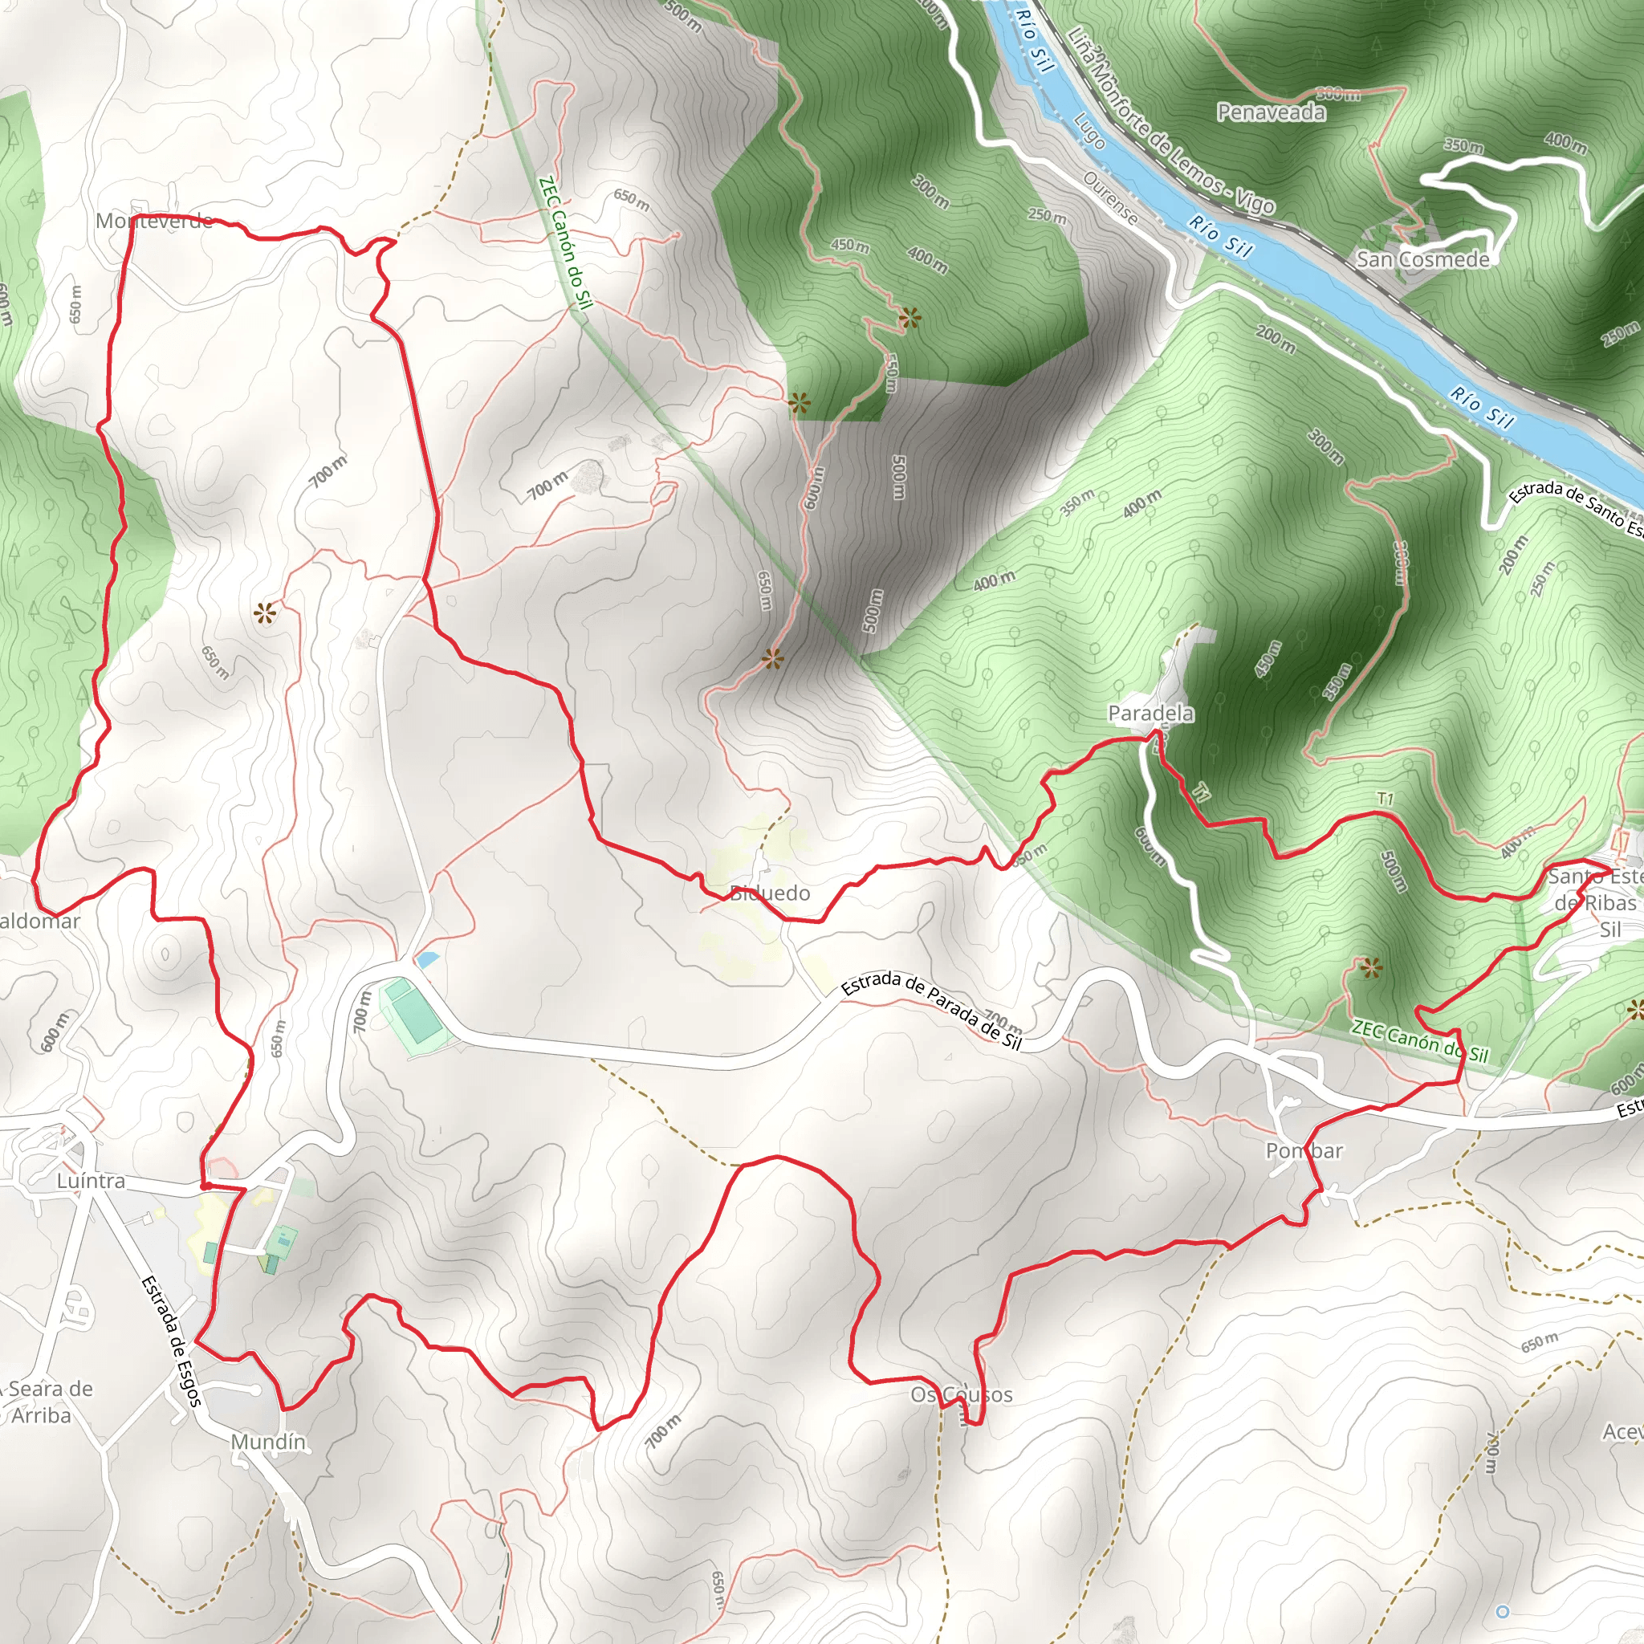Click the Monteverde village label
[154, 222]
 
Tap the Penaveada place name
[1271, 112]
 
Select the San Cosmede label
[1422, 259]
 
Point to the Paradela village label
[1150, 713]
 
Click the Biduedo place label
[770, 893]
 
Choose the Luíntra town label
[91, 1181]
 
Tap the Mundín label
[268, 1442]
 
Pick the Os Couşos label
[962, 1394]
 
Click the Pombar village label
[1304, 1151]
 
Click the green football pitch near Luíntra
[413, 1017]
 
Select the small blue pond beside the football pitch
[427, 959]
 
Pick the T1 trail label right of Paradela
[1386, 799]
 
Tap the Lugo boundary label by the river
[1089, 131]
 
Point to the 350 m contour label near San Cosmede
[1463, 145]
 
